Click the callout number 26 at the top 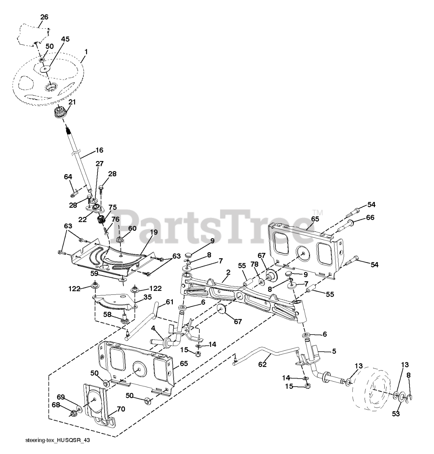pos(44,17)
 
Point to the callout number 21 pos(72,102)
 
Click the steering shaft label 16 pos(99,150)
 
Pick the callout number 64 pos(68,176)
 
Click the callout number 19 pos(153,232)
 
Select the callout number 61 pos(170,301)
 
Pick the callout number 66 pos(370,217)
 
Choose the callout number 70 pos(121,409)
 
